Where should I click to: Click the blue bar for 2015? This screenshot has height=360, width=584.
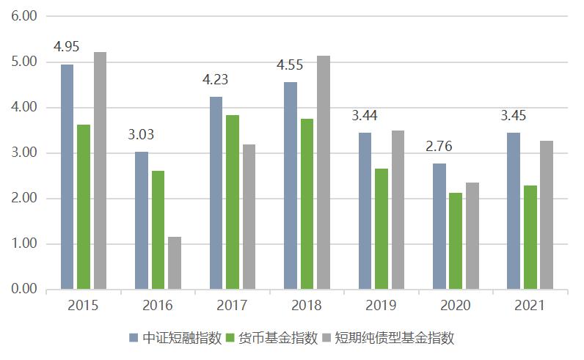pos(67,177)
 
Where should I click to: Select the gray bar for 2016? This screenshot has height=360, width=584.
pos(174,263)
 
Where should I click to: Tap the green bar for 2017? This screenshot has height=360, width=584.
pos(232,202)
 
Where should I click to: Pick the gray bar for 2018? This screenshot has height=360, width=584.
pos(323,172)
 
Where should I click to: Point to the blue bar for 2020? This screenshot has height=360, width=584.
pos(439,227)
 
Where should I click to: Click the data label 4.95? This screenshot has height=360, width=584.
pos(67,48)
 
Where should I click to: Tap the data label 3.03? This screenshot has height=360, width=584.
pos(141,135)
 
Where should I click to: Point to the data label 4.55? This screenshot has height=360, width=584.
pos(290,65)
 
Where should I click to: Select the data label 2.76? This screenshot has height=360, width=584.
pos(439,147)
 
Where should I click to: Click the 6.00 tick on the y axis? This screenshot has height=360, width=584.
pos(24,16)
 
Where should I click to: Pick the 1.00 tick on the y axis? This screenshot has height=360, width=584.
pos(24,244)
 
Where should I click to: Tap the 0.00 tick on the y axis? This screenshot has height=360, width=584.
pos(24,290)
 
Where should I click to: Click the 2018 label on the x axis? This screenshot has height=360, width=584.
pos(306,305)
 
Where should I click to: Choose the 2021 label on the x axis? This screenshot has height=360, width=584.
pos(529,305)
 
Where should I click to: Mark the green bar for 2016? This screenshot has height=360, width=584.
pos(158,230)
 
